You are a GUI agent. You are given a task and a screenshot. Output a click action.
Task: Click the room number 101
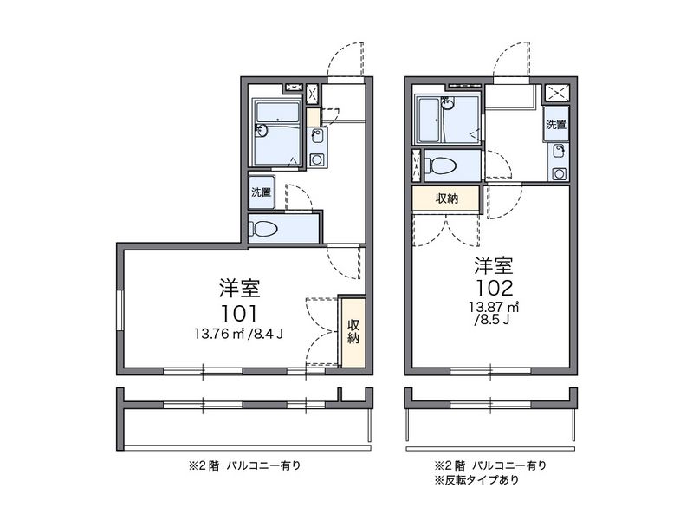(x=239, y=314)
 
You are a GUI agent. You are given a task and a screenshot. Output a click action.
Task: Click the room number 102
(x=494, y=288)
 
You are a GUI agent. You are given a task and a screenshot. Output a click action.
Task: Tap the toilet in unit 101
(x=264, y=229)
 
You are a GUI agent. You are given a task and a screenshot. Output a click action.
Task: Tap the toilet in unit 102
(x=440, y=166)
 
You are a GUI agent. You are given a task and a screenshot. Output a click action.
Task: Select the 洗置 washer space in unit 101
(x=262, y=192)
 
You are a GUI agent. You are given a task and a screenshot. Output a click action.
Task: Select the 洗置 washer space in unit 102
(x=556, y=124)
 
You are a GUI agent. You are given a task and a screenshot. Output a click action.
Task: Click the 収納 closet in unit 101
(x=353, y=333)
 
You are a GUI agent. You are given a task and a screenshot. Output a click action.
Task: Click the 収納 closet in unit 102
(x=446, y=199)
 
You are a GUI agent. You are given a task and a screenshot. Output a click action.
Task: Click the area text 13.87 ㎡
(x=494, y=307)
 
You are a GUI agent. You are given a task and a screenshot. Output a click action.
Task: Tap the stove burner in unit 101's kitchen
(x=316, y=159)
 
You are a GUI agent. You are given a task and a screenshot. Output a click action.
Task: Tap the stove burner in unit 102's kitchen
(x=560, y=173)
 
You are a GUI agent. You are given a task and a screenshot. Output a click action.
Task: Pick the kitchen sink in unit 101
(x=316, y=135)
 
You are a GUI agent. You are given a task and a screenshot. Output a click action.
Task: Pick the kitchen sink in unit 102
(x=560, y=152)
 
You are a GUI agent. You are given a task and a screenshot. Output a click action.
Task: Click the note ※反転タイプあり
(x=477, y=479)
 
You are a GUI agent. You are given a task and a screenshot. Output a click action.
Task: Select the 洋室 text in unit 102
(x=494, y=265)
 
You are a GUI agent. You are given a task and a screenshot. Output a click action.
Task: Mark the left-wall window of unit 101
(x=120, y=310)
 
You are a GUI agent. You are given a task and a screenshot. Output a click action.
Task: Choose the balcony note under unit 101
(x=245, y=465)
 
